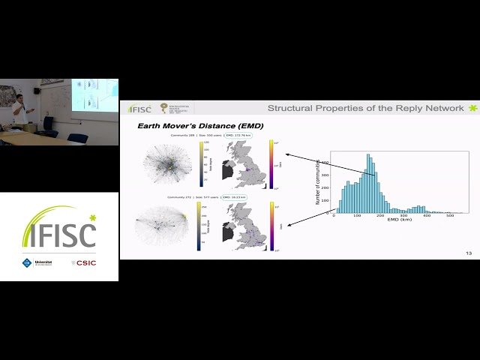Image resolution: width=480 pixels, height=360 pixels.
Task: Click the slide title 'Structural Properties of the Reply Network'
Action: [365, 109]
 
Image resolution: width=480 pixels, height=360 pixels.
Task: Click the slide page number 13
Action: [469, 253]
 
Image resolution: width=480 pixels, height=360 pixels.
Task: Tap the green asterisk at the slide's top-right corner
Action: [472, 109]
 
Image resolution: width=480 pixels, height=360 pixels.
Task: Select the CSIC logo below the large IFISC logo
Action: [84, 263]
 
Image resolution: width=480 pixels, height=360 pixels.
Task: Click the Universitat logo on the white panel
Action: [36, 263]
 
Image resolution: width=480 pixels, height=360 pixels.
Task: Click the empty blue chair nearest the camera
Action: [78, 138]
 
